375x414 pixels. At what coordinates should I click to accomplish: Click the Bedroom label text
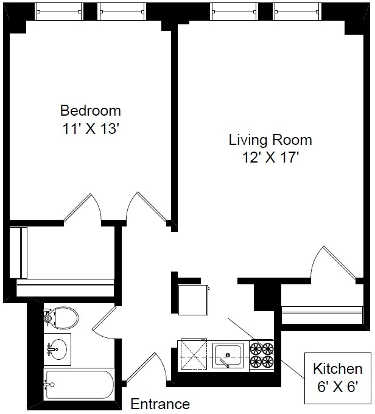91,111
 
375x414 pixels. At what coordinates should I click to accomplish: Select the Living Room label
270,140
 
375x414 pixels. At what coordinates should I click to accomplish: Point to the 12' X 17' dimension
270,158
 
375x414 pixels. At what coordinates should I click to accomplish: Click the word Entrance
160,404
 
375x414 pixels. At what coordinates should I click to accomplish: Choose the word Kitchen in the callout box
337,368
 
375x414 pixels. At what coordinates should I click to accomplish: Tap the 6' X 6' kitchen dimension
337,387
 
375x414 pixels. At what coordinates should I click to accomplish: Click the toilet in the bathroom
61,318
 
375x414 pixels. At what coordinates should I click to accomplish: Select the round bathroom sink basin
58,349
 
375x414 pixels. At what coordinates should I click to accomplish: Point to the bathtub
79,384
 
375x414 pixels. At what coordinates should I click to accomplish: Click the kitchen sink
228,356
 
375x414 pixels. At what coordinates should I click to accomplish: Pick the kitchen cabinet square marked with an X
194,355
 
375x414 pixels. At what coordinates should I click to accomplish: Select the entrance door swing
147,368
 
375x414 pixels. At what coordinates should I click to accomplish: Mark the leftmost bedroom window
59,12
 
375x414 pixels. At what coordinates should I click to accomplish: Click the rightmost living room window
297,12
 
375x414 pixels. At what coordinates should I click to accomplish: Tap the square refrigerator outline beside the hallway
194,300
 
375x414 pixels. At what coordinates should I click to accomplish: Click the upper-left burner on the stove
256,349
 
